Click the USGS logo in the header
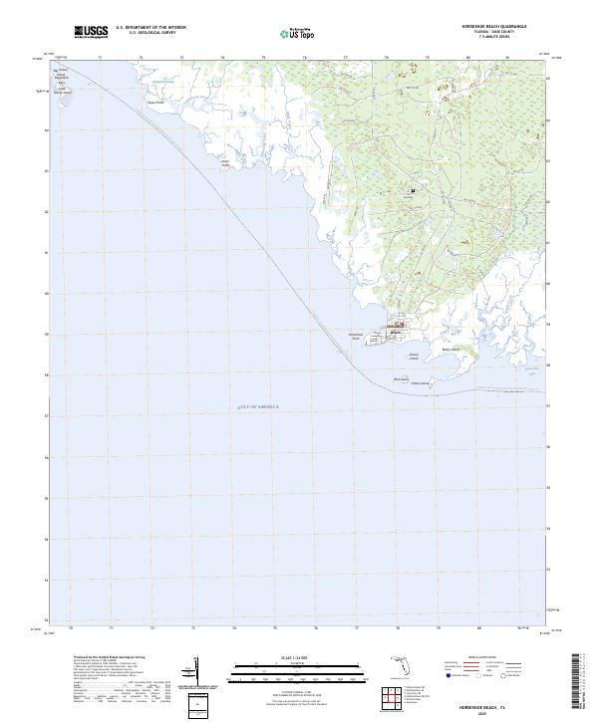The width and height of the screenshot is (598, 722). [x=91, y=31]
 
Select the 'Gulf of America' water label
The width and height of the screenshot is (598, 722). [x=259, y=406]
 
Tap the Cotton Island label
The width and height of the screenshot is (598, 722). [x=420, y=383]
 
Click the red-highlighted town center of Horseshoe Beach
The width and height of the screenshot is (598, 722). [x=400, y=323]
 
